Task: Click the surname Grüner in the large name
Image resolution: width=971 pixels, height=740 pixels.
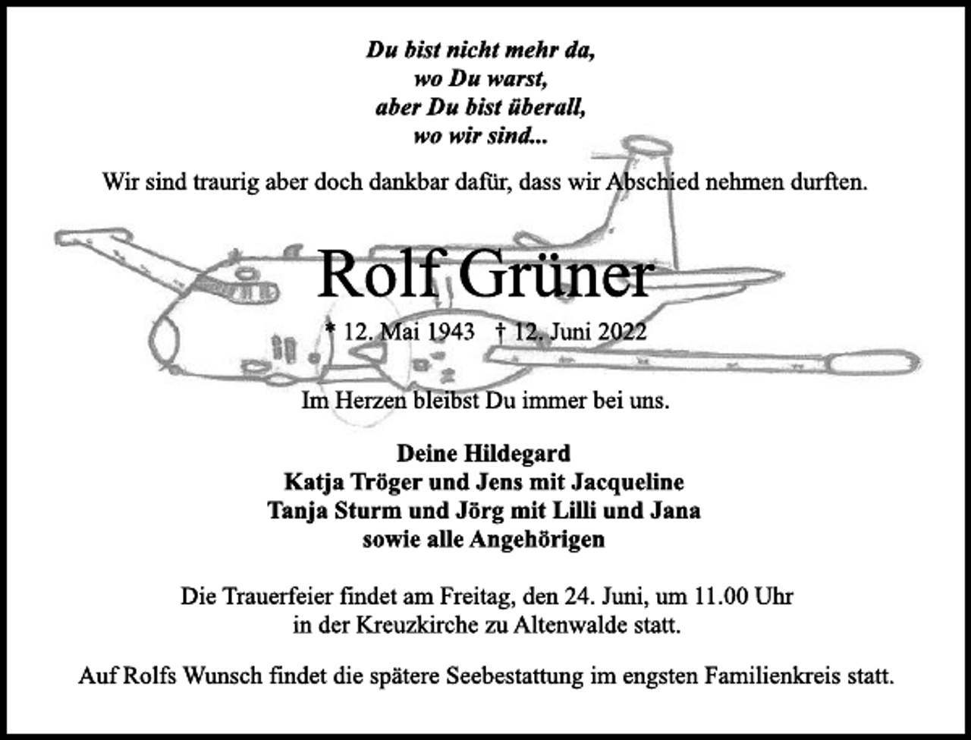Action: [555, 275]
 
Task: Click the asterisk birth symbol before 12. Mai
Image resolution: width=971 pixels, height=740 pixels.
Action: [329, 328]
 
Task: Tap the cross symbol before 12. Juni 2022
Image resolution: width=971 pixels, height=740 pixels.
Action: [501, 332]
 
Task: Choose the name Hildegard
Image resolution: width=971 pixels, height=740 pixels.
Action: [517, 454]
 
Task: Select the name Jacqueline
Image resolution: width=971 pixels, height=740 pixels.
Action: [627, 483]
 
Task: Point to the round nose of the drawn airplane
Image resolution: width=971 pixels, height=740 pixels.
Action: [163, 341]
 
